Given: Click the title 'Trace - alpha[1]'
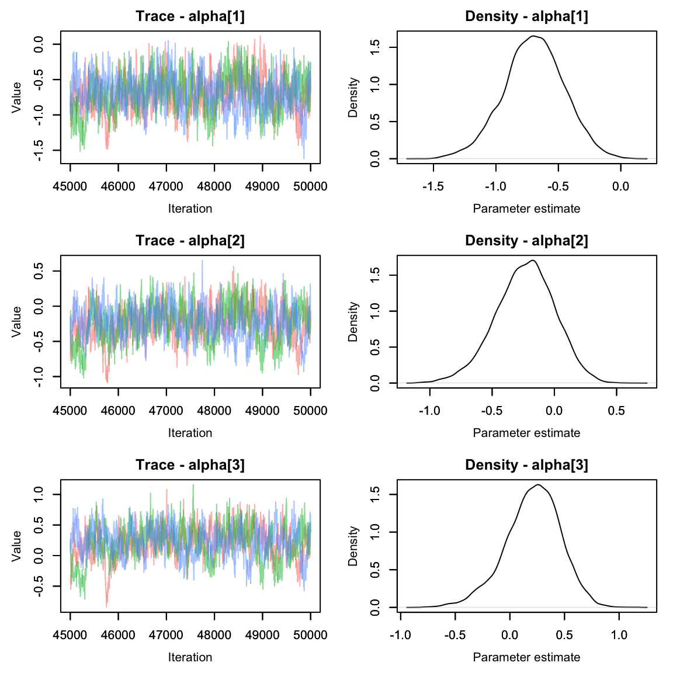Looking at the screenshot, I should click(190, 16).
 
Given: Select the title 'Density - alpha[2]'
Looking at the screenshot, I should click(526, 241).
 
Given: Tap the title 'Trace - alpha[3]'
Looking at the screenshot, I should click(190, 465).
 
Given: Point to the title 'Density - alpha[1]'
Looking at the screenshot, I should click(526, 16).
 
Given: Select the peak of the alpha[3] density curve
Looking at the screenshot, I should click(537, 485).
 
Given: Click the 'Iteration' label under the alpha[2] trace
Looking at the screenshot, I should click(190, 433).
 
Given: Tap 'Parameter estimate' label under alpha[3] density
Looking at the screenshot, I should click(526, 657).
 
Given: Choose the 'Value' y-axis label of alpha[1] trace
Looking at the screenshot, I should click(16, 97).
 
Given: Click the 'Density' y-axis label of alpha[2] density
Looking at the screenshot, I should click(353, 321).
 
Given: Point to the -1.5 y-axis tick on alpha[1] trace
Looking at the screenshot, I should click(39, 151).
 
